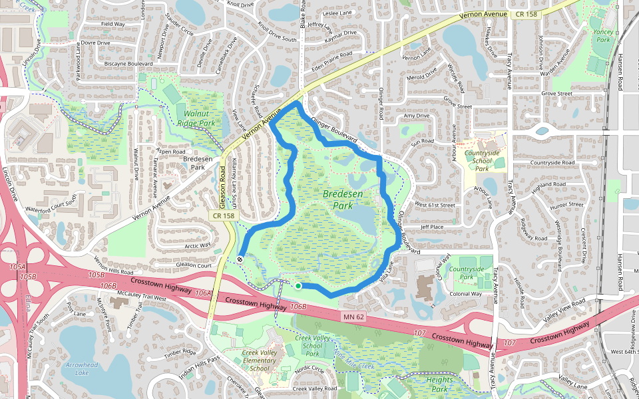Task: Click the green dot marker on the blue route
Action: click(298, 286)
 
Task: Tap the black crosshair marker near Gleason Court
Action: click(240, 259)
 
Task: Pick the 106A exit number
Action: click(204, 293)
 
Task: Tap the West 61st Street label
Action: click(435, 205)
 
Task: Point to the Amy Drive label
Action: click(417, 116)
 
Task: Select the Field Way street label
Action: click(112, 24)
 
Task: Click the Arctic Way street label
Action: click(197, 245)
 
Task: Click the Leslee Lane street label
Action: click(337, 13)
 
